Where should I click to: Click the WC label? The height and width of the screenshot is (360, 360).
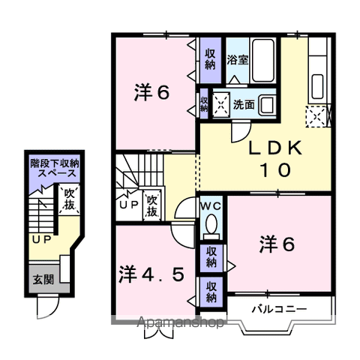(210, 205)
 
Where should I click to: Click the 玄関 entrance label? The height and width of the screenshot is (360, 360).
(43, 280)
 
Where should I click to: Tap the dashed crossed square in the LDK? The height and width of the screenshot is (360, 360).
(315, 115)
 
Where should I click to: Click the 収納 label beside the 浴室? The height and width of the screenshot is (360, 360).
(211, 58)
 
